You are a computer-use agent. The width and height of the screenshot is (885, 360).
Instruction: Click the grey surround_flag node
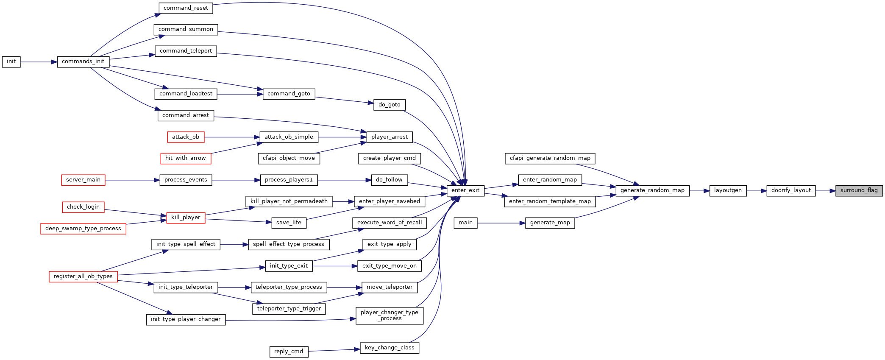click(859, 190)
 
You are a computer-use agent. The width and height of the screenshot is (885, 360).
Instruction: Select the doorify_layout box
click(791, 190)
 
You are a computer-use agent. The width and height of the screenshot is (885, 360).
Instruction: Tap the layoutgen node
click(728, 190)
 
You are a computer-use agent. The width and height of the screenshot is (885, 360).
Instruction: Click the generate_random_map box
click(652, 190)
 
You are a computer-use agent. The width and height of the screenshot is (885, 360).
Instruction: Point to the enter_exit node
click(465, 190)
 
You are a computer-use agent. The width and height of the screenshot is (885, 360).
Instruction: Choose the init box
click(11, 61)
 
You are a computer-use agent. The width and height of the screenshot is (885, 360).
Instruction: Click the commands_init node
click(83, 61)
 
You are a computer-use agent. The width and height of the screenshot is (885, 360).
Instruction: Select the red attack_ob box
click(186, 137)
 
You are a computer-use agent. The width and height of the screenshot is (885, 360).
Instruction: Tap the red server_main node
click(83, 180)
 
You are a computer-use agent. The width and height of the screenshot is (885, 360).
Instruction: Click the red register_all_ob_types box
click(83, 276)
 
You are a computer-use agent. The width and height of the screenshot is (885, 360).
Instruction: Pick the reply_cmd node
click(289, 352)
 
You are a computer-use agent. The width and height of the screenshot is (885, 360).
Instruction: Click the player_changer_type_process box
click(390, 315)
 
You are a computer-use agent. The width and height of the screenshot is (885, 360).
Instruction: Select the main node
click(465, 223)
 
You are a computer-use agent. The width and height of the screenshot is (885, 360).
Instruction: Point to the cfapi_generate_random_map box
click(550, 158)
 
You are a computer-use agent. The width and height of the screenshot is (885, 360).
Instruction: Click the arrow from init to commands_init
click(39, 62)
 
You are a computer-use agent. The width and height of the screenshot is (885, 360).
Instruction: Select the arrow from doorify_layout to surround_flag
click(826, 191)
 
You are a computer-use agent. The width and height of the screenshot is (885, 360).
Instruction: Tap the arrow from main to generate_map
click(501, 223)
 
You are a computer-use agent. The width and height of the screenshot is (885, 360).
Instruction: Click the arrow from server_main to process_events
click(132, 180)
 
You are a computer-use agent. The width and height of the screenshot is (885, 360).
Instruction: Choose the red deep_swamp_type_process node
click(83, 229)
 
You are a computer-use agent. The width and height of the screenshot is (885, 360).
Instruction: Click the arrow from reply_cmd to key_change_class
click(334, 350)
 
